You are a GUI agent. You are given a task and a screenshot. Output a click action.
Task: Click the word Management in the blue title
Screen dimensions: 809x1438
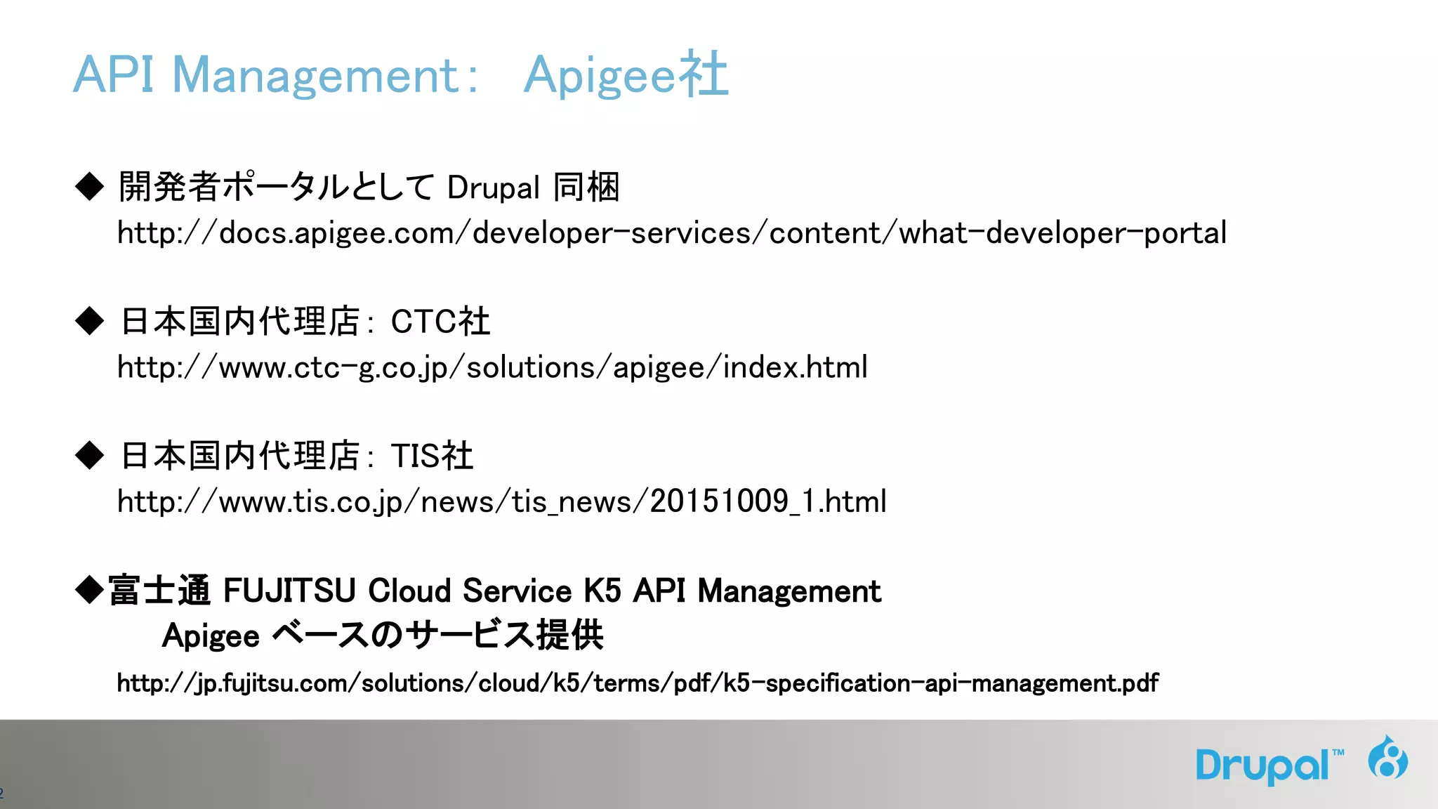point(316,75)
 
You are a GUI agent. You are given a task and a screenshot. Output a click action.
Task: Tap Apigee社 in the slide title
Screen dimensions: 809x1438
point(626,75)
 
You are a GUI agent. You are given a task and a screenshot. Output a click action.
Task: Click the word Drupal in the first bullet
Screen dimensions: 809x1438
point(493,188)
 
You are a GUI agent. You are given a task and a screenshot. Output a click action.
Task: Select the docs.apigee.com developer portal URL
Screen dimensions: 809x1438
point(671,233)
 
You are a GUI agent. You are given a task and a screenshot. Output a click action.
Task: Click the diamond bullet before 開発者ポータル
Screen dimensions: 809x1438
point(89,187)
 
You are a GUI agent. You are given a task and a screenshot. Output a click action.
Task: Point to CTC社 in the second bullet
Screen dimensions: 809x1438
point(440,322)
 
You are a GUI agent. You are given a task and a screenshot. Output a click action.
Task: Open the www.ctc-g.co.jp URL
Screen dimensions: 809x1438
point(492,367)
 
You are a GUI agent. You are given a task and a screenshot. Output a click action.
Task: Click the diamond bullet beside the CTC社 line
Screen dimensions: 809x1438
point(89,321)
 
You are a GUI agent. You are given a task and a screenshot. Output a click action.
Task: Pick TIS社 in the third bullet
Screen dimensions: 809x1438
point(432,456)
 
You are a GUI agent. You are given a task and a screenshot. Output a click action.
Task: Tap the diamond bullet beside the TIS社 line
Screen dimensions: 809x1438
point(89,455)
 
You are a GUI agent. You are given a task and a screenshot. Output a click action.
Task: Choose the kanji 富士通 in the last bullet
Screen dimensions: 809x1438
point(159,591)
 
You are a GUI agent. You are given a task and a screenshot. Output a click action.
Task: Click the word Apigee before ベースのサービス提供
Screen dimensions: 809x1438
point(211,636)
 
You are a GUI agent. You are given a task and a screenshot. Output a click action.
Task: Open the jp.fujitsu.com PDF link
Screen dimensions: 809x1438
point(637,683)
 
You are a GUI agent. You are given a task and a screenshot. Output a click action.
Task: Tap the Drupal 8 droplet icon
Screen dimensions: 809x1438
point(1387,758)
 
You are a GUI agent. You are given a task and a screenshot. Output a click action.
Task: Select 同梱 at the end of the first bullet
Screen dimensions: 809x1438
point(586,188)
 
